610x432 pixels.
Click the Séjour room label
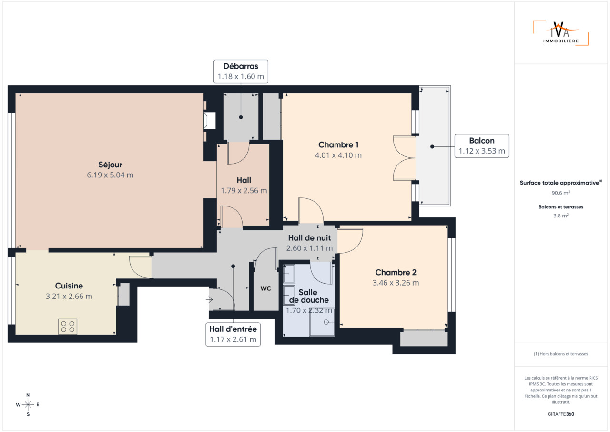tap(110, 165)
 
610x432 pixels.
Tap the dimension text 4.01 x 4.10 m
tap(338, 155)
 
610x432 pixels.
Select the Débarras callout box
tap(241, 72)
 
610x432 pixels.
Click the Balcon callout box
tap(482, 146)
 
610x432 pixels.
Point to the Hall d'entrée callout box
tap(233, 334)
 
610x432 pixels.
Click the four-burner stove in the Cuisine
tap(68, 326)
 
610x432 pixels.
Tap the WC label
tap(265, 288)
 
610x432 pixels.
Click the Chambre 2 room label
tap(396, 272)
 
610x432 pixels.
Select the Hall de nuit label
tap(310, 238)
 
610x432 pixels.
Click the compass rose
tap(28, 405)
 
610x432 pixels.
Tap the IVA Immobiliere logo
tap(561, 33)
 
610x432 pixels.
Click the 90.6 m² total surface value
tap(561, 193)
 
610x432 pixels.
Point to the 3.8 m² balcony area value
tap(561, 216)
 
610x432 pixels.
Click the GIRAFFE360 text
tap(561, 414)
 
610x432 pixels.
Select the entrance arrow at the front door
tap(209, 300)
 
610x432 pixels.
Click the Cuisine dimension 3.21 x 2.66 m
tap(69, 297)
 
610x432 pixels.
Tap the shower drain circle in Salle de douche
tap(326, 322)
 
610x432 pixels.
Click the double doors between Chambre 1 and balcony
tap(404, 158)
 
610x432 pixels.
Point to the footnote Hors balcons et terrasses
tap(561, 354)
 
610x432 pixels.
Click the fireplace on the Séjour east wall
tap(210, 120)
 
